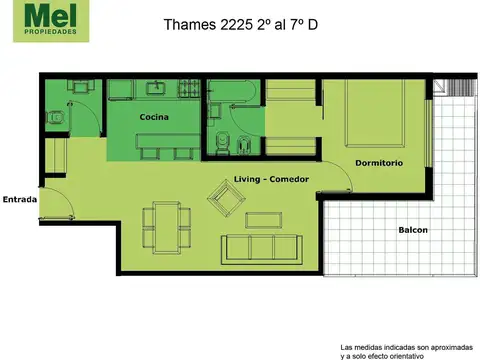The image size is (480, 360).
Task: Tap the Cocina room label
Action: [154, 118]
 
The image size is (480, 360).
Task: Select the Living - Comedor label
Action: [271, 179]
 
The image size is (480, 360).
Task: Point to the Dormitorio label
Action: [379, 162]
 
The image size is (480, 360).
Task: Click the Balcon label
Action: [413, 230]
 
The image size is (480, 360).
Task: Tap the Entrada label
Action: [20, 199]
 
